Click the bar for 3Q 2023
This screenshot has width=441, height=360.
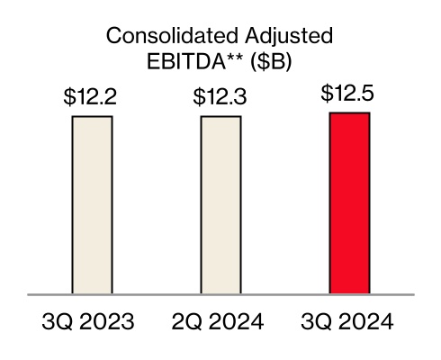coord(92,205)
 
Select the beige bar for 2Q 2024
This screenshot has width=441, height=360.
coord(220,205)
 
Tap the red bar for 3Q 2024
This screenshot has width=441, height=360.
coord(349,203)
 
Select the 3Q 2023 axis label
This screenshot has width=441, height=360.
coord(92,321)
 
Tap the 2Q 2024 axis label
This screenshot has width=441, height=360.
coord(220,321)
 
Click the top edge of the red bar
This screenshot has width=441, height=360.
coord(349,113)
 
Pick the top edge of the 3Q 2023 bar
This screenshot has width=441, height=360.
coord(92,117)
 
